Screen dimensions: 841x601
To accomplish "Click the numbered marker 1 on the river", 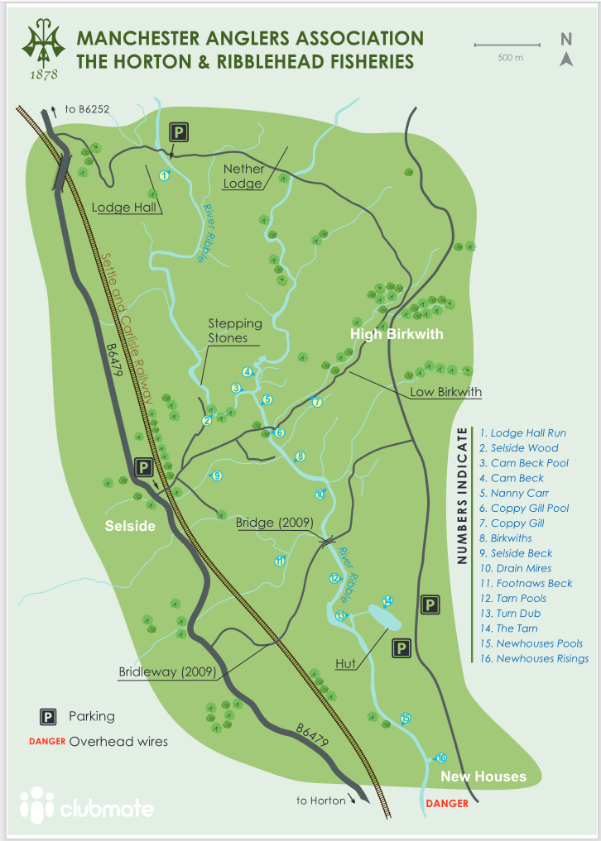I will click(x=164, y=175).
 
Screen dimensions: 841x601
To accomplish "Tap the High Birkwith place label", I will click(x=397, y=334).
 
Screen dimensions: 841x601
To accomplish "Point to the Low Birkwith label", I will click(x=445, y=392).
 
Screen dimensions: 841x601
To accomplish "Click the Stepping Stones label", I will click(x=234, y=331).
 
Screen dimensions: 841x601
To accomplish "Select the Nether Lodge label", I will click(x=243, y=176).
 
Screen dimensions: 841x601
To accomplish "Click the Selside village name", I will click(x=129, y=526).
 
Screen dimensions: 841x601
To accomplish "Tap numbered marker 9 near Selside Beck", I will click(x=216, y=475).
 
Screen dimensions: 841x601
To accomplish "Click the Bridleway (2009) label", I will click(x=166, y=672).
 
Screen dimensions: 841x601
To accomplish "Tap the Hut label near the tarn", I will click(x=347, y=663).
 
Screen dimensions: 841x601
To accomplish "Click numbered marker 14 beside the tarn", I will click(x=387, y=600).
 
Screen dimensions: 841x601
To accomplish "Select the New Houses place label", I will click(x=483, y=776).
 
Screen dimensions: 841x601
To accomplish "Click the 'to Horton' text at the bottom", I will click(x=320, y=800).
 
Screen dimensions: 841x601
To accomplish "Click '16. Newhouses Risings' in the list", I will click(x=534, y=658).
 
